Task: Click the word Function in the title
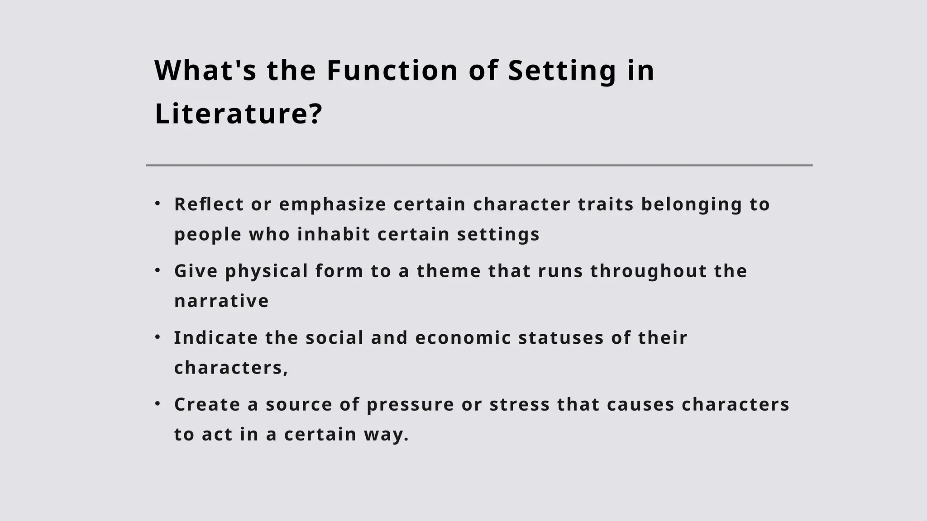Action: click(392, 71)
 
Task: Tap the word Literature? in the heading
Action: click(238, 114)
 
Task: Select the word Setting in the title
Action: click(562, 71)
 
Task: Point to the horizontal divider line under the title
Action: click(479, 166)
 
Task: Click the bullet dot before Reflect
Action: click(158, 204)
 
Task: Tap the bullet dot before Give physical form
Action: click(158, 270)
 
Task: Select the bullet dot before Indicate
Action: click(158, 337)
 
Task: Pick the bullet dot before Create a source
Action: click(158, 404)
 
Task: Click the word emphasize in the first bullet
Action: click(332, 204)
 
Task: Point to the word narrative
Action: click(221, 301)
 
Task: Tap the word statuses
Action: click(561, 338)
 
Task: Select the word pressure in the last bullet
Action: click(410, 404)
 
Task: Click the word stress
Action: click(520, 404)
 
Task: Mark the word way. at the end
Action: click(386, 435)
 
